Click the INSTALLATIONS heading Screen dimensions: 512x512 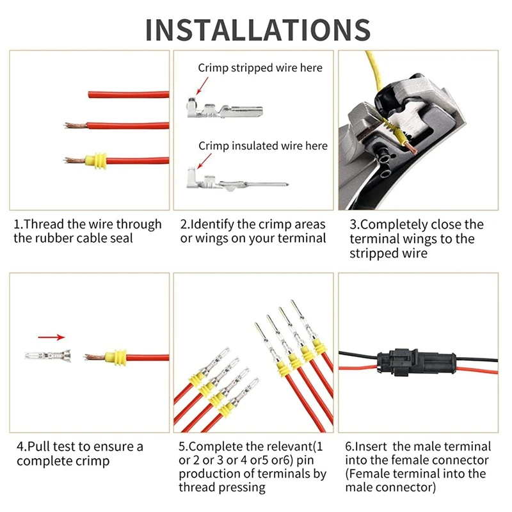(258, 29)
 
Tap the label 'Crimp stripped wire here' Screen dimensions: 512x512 (260, 68)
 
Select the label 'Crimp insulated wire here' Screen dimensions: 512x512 (263, 146)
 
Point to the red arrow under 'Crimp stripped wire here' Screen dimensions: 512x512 (202, 86)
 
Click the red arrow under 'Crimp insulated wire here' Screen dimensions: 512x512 (204, 161)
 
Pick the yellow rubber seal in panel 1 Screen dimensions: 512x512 (95, 161)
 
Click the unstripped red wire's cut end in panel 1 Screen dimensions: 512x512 (89, 95)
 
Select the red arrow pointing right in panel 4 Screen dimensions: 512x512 (51, 337)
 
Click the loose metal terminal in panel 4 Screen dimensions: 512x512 (48, 356)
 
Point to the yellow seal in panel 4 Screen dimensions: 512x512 (116, 357)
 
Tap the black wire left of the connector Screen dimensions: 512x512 (358, 354)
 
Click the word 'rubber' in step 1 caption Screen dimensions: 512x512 (56, 238)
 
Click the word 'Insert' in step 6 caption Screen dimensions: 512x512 (371, 446)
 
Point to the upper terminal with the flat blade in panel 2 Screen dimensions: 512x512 (225, 109)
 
